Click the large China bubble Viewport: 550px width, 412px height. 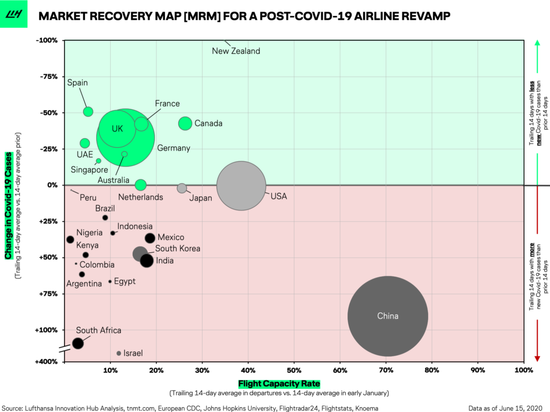pyautogui.click(x=387, y=316)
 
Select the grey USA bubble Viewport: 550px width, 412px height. pyautogui.click(x=241, y=186)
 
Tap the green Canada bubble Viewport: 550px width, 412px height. pyautogui.click(x=185, y=123)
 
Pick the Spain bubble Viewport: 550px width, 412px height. pyautogui.click(x=88, y=112)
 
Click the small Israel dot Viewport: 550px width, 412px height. pyautogui.click(x=119, y=353)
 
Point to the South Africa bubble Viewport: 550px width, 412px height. pyautogui.click(x=78, y=343)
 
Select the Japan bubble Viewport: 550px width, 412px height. pyautogui.click(x=182, y=188)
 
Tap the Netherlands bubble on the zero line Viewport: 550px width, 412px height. pyautogui.click(x=140, y=185)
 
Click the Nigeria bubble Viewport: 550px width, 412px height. pyautogui.click(x=70, y=240)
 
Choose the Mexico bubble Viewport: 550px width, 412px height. pyautogui.click(x=150, y=238)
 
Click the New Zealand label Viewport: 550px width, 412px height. pyautogui.click(x=236, y=51)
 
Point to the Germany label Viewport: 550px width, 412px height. pyautogui.click(x=173, y=148)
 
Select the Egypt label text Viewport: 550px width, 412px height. pyautogui.click(x=125, y=281)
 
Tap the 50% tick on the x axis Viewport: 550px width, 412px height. pyautogui.click(x=294, y=371)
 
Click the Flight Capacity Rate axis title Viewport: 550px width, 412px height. pyautogui.click(x=279, y=384)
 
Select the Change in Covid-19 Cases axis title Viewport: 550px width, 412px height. pyautogui.click(x=9, y=206)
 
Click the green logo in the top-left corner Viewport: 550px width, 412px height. pyautogui.click(x=13, y=15)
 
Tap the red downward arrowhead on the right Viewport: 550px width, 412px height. pyautogui.click(x=537, y=358)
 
